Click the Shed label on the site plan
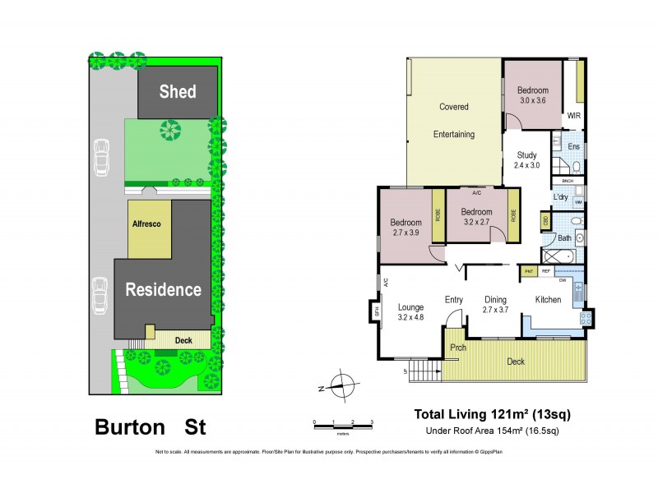[178, 91]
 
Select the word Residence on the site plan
[163, 289]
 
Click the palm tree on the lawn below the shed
[171, 129]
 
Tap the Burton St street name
[150, 427]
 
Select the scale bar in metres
[343, 422]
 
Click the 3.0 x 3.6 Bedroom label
[533, 95]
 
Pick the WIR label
[573, 116]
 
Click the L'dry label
[562, 197]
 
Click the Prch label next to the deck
[457, 347]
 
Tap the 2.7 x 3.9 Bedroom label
[405, 228]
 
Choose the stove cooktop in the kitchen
[586, 317]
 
